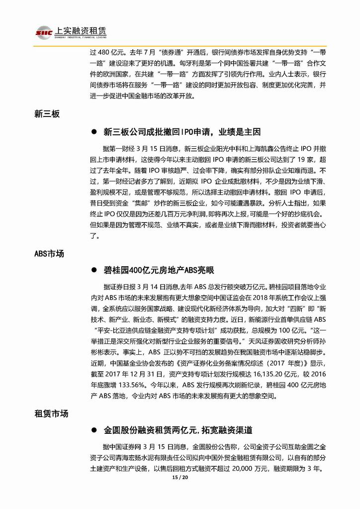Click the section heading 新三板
(x=48, y=114)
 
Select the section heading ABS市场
(x=49, y=253)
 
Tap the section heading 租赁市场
(x=51, y=413)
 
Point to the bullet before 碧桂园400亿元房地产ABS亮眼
(x=93, y=271)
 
